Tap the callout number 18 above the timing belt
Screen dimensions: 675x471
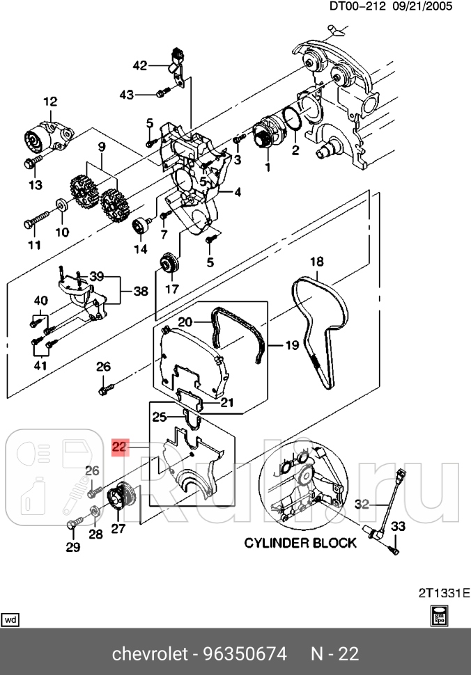[x=317, y=262]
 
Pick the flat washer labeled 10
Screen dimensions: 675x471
[x=61, y=205]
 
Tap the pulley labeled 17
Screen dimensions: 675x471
[x=169, y=264]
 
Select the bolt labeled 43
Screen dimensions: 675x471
[x=160, y=93]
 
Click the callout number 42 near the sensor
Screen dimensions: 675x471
[x=140, y=65]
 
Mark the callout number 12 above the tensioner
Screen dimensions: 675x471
[x=50, y=102]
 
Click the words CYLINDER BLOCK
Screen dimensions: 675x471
[x=300, y=543]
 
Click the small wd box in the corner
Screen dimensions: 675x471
[x=11, y=619]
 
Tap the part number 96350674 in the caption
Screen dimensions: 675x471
[x=245, y=654]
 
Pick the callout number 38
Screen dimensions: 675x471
[x=141, y=292]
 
